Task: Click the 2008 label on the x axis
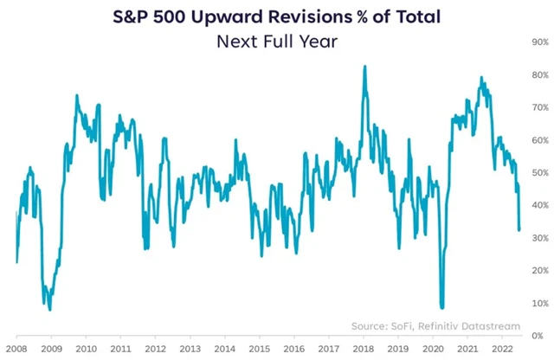(x=16, y=350)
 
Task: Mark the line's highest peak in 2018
(x=364, y=66)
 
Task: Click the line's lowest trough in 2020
(x=442, y=307)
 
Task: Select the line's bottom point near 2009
(x=50, y=309)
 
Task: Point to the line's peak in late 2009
(x=77, y=95)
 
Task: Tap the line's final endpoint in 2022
(x=519, y=230)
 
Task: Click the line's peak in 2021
(x=480, y=77)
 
